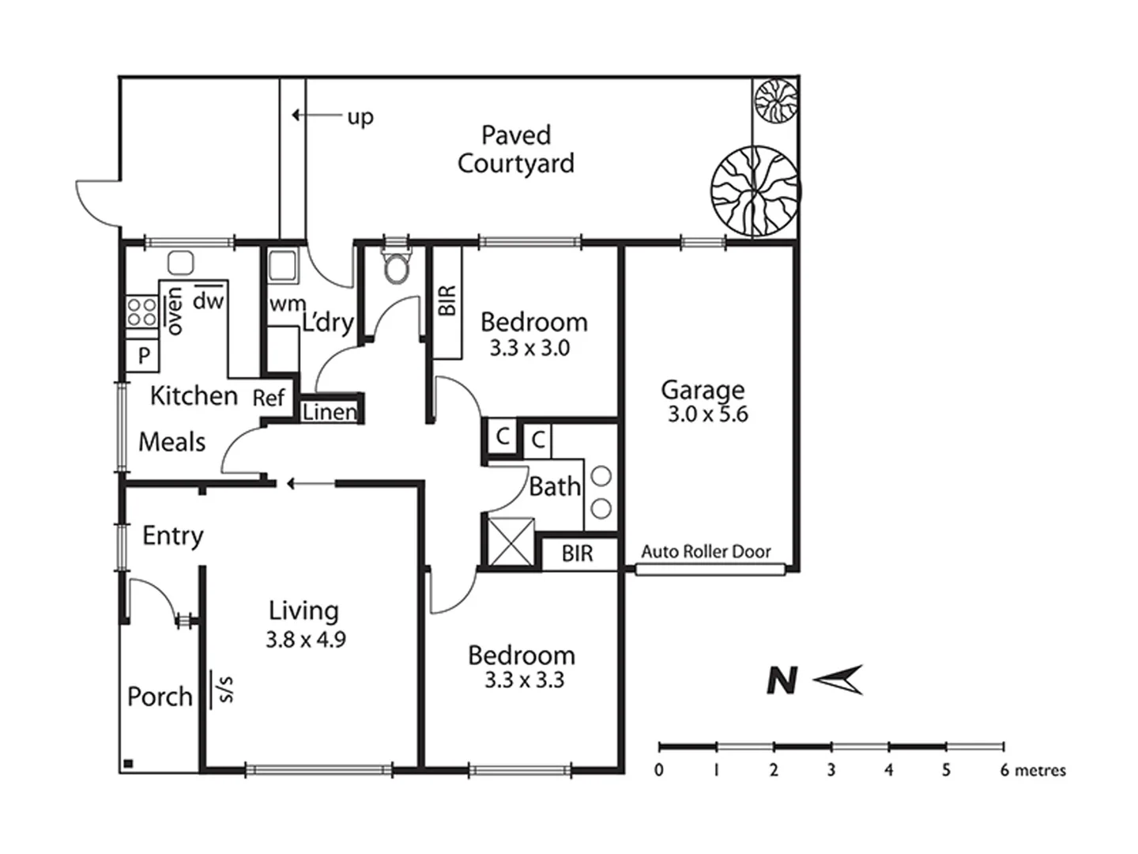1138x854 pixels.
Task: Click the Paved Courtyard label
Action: (515, 149)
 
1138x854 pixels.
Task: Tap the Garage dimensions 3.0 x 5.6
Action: (707, 414)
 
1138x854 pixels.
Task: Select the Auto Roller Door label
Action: (706, 552)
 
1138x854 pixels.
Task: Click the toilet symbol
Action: (396, 267)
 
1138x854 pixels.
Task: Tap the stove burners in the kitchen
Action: (141, 312)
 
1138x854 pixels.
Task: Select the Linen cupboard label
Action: (330, 412)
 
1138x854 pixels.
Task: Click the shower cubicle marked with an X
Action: (511, 542)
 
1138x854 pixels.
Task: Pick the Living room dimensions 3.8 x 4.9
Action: (305, 639)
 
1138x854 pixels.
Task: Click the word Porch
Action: (160, 697)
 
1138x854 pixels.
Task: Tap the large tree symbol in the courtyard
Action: (755, 191)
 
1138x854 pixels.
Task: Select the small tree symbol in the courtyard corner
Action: (775, 100)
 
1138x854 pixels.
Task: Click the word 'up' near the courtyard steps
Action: (360, 118)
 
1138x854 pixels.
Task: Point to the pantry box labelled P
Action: (143, 356)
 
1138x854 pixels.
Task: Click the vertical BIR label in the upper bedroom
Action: (447, 301)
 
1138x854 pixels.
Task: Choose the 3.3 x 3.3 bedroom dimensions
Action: (524, 680)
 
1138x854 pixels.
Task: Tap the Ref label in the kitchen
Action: (268, 398)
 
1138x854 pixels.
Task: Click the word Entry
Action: (173, 536)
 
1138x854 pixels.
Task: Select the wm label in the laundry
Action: (287, 304)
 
